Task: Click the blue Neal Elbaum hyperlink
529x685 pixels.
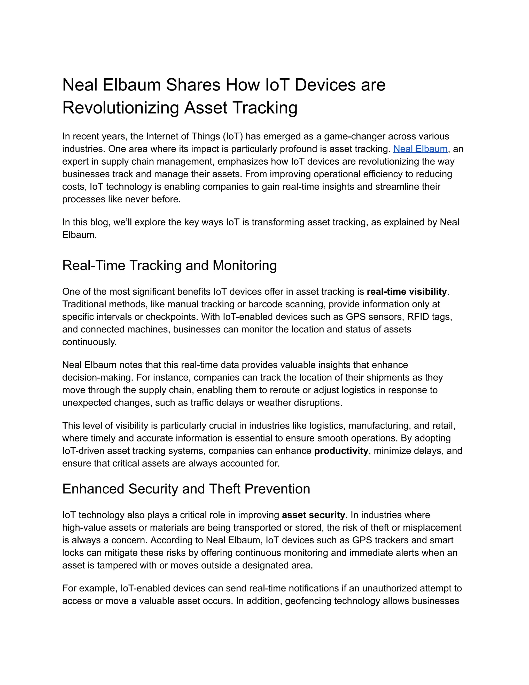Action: click(x=420, y=149)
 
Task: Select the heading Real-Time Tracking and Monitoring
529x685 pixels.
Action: click(x=169, y=265)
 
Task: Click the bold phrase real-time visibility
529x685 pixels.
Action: click(x=407, y=292)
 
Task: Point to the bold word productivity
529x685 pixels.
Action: click(x=341, y=451)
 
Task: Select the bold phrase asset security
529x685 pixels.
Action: click(x=313, y=515)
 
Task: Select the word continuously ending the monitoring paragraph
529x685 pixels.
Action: click(x=89, y=342)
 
